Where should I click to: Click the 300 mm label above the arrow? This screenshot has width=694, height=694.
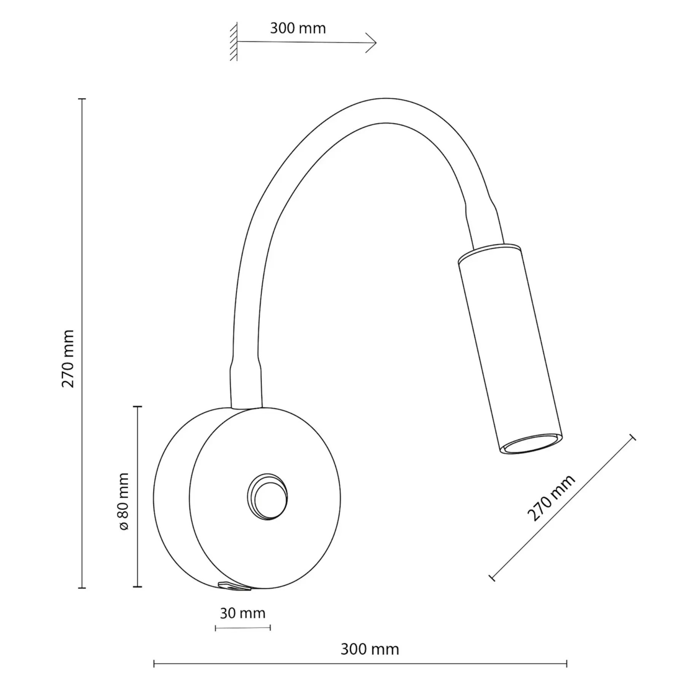pyautogui.click(x=298, y=29)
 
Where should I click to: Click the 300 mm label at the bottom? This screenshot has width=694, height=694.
pyautogui.click(x=369, y=649)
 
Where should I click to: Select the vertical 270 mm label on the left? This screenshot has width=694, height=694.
pyautogui.click(x=68, y=358)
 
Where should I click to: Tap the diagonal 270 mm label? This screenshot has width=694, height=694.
pyautogui.click(x=551, y=498)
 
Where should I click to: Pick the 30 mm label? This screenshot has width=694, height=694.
pyautogui.click(x=242, y=613)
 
